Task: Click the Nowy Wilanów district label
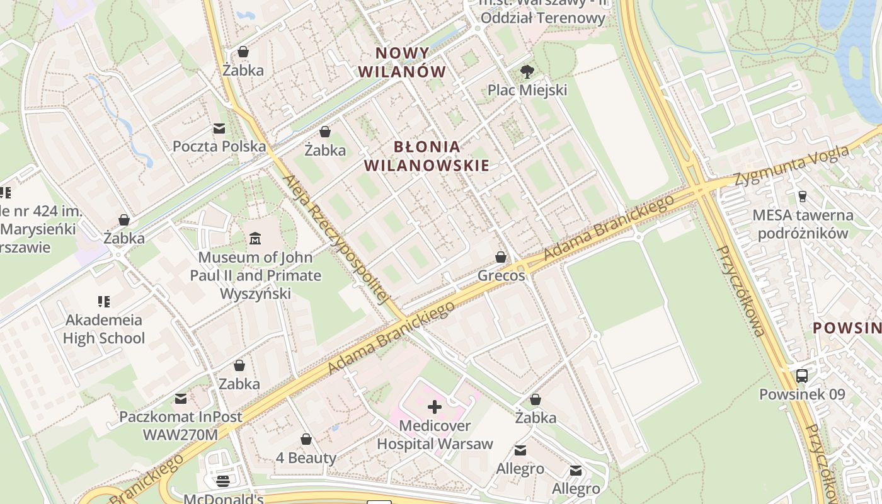click(x=402, y=62)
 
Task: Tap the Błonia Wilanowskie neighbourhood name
click(x=427, y=156)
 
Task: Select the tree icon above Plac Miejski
click(x=527, y=72)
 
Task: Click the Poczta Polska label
click(x=219, y=146)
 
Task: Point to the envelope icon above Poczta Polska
click(x=219, y=129)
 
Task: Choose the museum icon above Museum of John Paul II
click(x=255, y=239)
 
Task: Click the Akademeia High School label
click(x=104, y=329)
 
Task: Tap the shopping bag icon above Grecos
click(x=501, y=257)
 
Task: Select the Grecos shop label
click(x=501, y=275)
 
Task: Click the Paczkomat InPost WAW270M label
click(x=181, y=426)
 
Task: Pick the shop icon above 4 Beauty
click(x=306, y=439)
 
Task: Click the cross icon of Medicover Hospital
click(x=435, y=407)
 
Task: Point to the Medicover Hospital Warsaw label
click(x=435, y=435)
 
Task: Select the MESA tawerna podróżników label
click(x=803, y=224)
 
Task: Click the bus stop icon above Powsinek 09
click(x=802, y=376)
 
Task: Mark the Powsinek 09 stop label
click(x=801, y=394)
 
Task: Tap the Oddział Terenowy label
click(x=542, y=17)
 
